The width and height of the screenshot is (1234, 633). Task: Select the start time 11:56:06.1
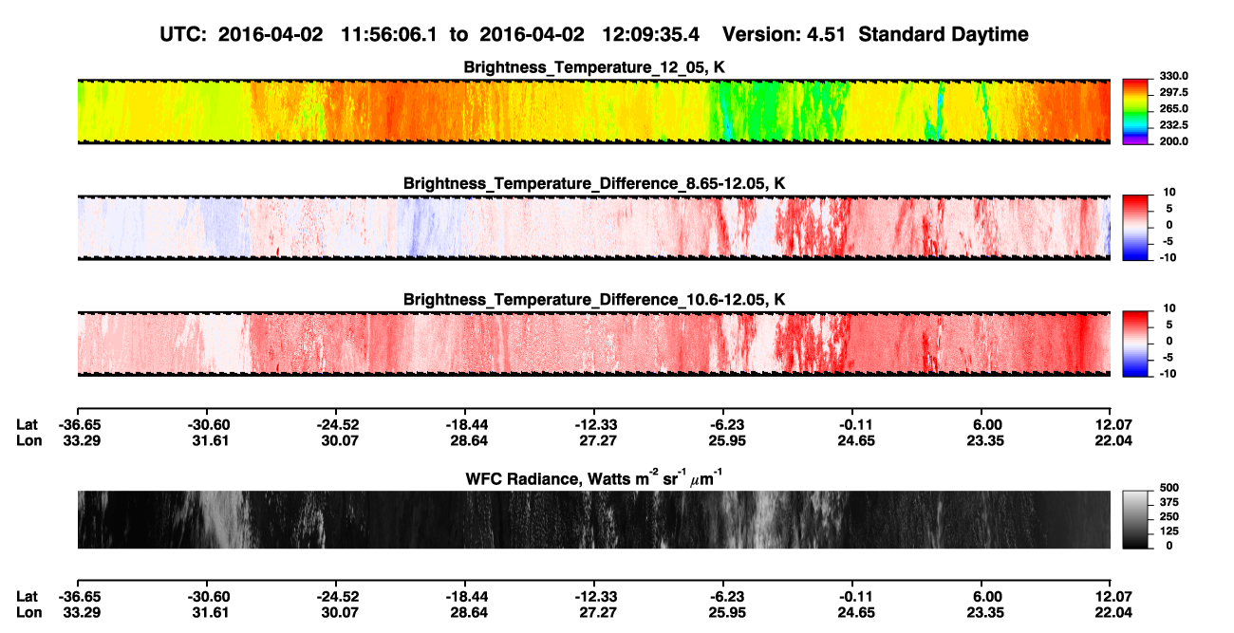(x=389, y=34)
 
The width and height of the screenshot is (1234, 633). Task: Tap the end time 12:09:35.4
(x=650, y=34)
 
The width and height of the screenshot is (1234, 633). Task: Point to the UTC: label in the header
(x=183, y=34)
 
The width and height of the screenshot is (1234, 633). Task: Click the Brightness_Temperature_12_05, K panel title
(x=594, y=67)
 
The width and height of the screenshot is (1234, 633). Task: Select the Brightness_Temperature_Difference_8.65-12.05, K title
(x=594, y=183)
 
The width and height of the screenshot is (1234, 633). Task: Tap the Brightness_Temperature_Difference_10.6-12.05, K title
(x=594, y=299)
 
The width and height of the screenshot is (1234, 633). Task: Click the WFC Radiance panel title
(x=594, y=477)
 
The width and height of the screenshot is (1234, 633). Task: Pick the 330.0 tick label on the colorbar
(x=1173, y=76)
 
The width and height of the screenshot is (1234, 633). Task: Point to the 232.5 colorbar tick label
(x=1173, y=125)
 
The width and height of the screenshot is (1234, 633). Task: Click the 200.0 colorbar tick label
(x=1173, y=141)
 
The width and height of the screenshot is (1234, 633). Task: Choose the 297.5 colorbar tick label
(x=1173, y=93)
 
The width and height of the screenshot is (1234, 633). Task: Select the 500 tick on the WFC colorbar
(x=1169, y=488)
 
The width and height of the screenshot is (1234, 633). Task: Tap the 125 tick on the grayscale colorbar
(x=1169, y=531)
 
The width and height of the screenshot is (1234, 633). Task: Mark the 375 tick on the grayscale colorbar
(x=1169, y=502)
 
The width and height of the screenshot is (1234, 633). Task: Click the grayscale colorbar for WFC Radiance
(x=1135, y=519)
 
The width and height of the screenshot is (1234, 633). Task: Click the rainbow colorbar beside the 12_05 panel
(x=1135, y=112)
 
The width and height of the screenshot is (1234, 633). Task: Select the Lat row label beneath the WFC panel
(x=27, y=597)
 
